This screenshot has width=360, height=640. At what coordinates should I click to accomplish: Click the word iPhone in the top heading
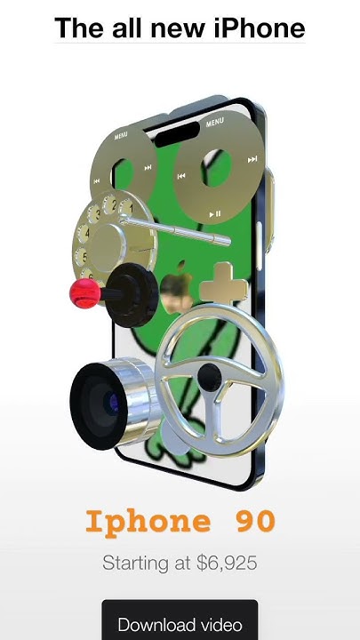[259, 28]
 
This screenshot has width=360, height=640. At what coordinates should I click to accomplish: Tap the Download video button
[180, 620]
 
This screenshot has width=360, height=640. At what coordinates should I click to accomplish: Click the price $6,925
[227, 563]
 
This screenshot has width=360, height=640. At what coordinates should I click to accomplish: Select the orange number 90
[255, 521]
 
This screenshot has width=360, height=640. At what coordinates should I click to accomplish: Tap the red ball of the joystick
[85, 293]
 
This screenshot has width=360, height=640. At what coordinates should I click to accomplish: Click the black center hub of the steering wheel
[210, 377]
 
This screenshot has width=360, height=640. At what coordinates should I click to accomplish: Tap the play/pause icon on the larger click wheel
[215, 213]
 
